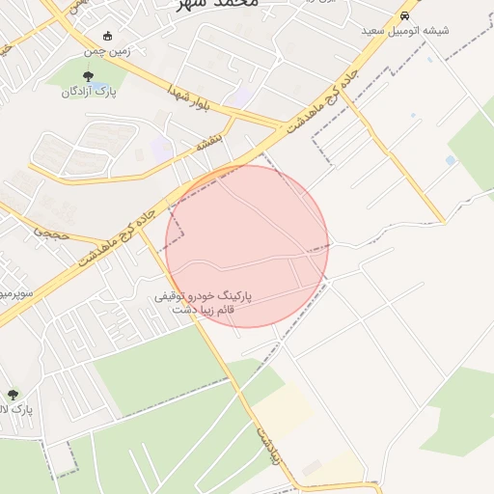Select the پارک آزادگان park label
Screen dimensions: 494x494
89,92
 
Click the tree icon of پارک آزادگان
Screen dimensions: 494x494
88,75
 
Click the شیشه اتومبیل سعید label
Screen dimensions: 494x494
405,31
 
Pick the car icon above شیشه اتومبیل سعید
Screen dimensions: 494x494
405,15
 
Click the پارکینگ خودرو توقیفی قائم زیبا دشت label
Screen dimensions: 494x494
203,304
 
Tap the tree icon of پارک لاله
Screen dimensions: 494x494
13,394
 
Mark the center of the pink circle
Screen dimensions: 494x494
247,246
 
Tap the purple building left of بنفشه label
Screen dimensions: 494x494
161,151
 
